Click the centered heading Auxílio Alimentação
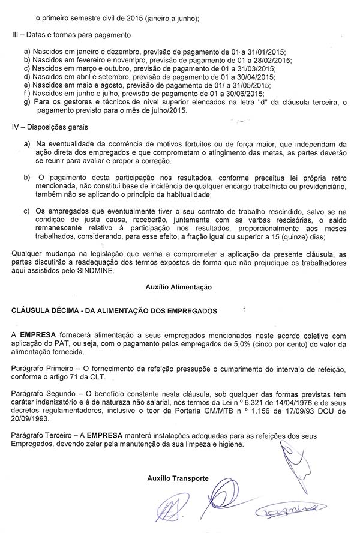click(178, 288)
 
